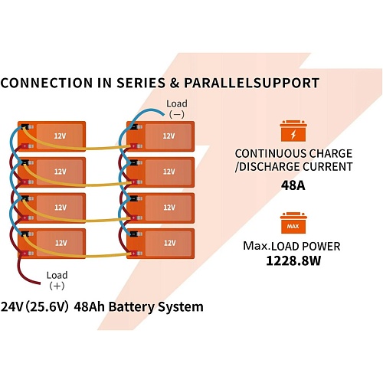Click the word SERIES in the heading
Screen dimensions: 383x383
[x=141, y=83]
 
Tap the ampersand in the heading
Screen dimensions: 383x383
[x=175, y=83]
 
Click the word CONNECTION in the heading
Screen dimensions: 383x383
[x=47, y=83]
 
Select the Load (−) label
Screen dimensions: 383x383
[x=177, y=109]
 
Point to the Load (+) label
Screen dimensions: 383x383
[x=57, y=280]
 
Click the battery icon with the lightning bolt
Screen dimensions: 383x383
[x=293, y=131]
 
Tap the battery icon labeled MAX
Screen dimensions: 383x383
[x=293, y=223]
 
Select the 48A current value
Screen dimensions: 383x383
[x=293, y=185]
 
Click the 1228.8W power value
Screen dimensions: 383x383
[x=293, y=261]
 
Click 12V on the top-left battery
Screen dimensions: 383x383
[x=60, y=136]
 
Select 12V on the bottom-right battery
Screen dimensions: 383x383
[x=169, y=243]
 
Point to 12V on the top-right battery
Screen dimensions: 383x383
[x=169, y=136]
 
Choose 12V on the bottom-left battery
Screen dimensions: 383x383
[x=61, y=243]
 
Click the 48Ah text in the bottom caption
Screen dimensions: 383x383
[x=90, y=306]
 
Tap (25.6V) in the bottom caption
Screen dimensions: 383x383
[x=47, y=306]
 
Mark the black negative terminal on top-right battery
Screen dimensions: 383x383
[x=134, y=126]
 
